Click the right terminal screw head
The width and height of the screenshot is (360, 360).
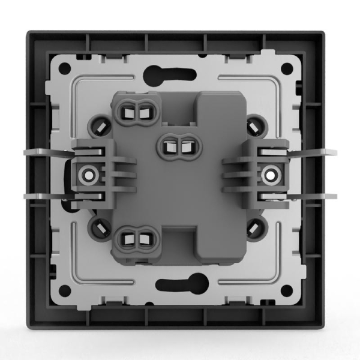[x=271, y=174]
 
